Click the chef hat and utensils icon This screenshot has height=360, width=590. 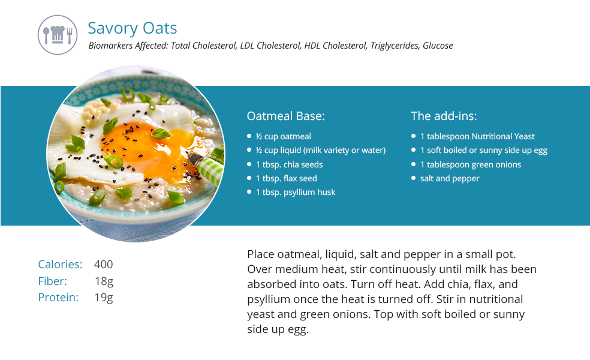[58, 35]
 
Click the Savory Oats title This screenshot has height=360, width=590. [132, 28]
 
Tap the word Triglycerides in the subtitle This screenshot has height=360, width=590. [395, 46]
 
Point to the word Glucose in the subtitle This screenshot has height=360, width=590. [438, 46]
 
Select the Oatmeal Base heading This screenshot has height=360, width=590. [285, 116]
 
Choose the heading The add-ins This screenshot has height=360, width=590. [444, 116]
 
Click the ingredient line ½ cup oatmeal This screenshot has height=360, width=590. [284, 136]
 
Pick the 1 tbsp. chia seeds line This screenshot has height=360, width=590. [290, 164]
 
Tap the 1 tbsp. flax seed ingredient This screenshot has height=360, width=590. [287, 178]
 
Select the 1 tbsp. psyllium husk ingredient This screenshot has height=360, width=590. [296, 193]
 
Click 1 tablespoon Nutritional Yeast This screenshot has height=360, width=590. [477, 136]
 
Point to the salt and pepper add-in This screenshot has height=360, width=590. [450, 178]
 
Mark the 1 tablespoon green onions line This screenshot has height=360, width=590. [470, 164]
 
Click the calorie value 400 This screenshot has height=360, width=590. [104, 265]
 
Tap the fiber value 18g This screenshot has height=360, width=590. [104, 281]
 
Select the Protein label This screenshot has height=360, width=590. [58, 298]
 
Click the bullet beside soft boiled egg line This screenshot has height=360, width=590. [413, 150]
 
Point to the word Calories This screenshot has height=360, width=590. [60, 265]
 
